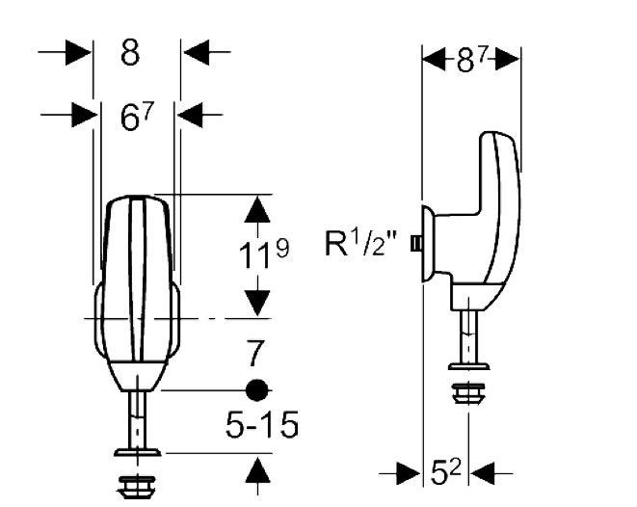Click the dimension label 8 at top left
(130, 52)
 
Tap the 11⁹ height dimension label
(264, 253)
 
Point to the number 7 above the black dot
(255, 354)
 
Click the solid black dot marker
(256, 390)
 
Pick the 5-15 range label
(262, 425)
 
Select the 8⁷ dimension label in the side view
(471, 60)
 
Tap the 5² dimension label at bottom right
(445, 473)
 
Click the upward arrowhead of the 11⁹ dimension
(257, 209)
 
